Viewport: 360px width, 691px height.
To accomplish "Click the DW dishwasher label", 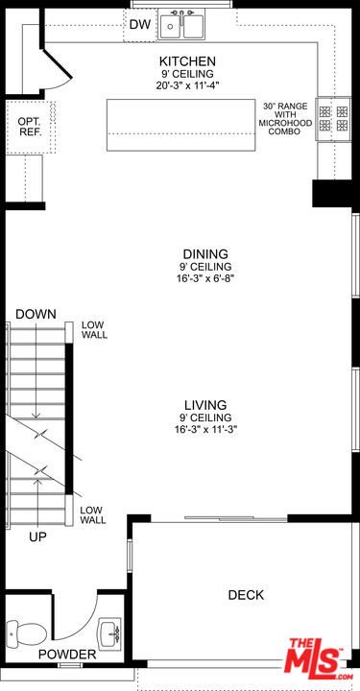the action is click(140, 25).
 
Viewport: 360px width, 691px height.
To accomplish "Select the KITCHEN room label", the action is click(187, 60).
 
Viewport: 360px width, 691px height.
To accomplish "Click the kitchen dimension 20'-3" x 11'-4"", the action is click(187, 85).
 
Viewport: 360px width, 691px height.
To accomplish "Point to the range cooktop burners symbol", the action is click(333, 118).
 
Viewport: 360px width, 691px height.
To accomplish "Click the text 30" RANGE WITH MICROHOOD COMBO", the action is click(285, 119).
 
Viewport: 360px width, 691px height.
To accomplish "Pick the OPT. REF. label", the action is click(30, 127).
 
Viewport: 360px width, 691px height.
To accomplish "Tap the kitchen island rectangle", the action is click(180, 125).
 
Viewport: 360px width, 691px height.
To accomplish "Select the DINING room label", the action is click(205, 253).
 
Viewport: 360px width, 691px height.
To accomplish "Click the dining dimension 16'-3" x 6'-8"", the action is click(205, 278).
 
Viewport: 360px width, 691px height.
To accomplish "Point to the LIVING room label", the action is click(205, 405).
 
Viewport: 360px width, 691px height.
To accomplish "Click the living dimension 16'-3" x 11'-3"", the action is click(205, 429).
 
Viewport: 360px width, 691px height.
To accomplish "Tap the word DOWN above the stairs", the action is click(36, 314).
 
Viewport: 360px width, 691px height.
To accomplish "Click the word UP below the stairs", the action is click(37, 536).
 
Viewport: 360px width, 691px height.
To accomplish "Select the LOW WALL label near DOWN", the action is click(94, 329).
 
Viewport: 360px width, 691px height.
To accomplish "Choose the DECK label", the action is click(246, 595).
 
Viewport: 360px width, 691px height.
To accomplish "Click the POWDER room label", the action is click(67, 655).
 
